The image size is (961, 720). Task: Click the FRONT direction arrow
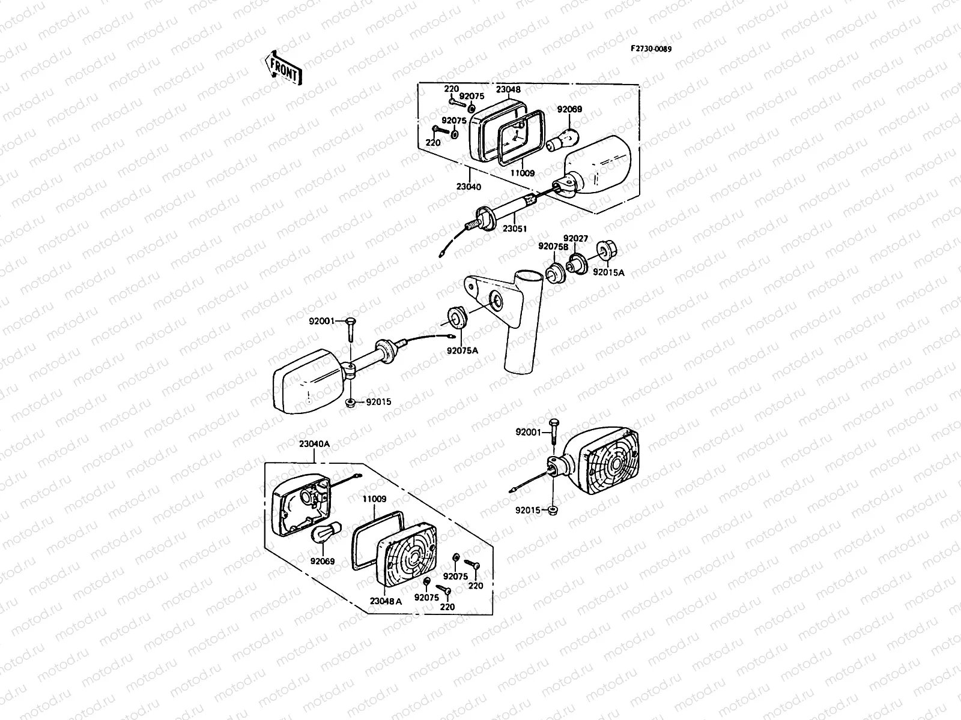click(282, 68)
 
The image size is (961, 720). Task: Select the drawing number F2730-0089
click(650, 49)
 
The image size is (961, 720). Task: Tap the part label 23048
click(508, 89)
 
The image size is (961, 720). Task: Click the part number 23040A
click(314, 444)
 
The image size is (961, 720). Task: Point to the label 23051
click(515, 229)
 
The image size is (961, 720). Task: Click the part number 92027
click(575, 238)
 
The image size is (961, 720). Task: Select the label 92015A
click(608, 272)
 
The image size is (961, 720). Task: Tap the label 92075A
click(462, 352)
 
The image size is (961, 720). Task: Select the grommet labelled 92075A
click(458, 318)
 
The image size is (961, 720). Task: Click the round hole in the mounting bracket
click(496, 300)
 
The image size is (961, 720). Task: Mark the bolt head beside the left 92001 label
click(351, 322)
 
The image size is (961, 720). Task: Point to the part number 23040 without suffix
click(468, 187)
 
